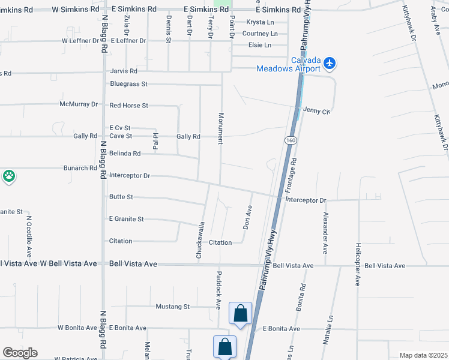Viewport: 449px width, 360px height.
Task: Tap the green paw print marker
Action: (9, 176)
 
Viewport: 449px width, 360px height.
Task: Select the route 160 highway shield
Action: (291, 140)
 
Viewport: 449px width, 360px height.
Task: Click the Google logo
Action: (20, 353)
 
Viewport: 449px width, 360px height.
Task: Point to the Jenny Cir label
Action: (317, 111)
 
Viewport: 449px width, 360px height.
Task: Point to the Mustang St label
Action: (173, 306)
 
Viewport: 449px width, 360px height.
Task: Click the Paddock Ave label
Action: (218, 289)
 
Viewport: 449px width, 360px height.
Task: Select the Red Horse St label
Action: (128, 106)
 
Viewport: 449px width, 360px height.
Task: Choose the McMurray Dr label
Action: (79, 104)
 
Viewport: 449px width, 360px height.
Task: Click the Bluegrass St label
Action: (129, 83)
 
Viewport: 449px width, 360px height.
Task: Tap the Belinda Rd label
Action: (125, 154)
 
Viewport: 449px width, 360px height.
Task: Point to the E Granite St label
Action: (126, 219)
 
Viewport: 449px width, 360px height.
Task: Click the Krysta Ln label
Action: (259, 22)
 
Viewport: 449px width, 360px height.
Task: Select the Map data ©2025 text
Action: (423, 355)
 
